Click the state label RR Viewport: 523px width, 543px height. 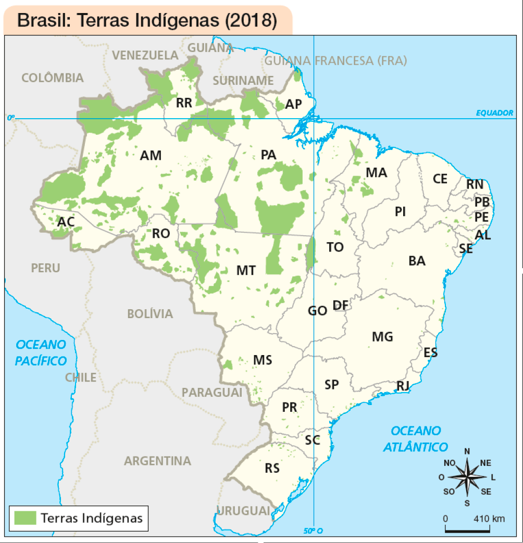184,103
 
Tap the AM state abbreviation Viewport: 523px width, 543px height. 151,155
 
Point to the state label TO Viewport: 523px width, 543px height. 335,247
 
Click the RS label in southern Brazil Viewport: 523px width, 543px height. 272,468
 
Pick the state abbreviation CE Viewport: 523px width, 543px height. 440,179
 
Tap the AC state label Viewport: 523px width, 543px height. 66,222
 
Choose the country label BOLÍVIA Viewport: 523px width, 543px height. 150,314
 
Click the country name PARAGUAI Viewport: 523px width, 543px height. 211,392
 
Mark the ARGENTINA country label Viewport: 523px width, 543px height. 157,461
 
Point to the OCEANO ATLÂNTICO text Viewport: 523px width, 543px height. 416,438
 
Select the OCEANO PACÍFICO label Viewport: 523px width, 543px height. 41,352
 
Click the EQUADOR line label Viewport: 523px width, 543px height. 494,113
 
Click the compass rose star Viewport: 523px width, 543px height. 467,476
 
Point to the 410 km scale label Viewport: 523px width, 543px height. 489,519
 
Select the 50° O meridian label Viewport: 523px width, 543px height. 313,531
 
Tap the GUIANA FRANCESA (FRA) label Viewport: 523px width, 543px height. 336,61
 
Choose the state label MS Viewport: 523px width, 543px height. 263,360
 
